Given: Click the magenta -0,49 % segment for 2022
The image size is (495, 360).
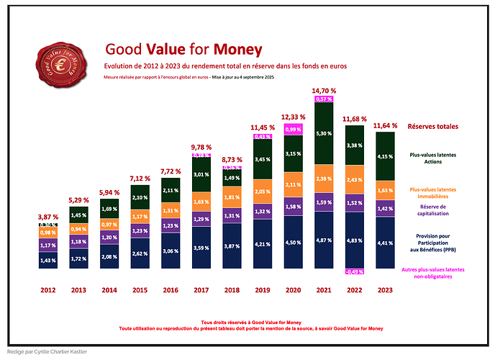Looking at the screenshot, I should [x=354, y=272].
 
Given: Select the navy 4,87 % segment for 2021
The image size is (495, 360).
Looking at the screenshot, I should [x=324, y=240].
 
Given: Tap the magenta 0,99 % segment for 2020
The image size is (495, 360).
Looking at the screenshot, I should [x=293, y=130].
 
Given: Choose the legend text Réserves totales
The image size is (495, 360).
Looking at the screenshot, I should [x=432, y=127].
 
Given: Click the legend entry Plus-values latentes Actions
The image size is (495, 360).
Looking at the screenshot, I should [x=432, y=158].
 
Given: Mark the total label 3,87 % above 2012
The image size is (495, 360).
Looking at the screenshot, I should [x=48, y=217].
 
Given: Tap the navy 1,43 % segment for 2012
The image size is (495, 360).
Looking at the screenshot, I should [x=48, y=260].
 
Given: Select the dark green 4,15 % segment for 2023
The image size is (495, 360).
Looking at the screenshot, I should [x=385, y=156].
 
